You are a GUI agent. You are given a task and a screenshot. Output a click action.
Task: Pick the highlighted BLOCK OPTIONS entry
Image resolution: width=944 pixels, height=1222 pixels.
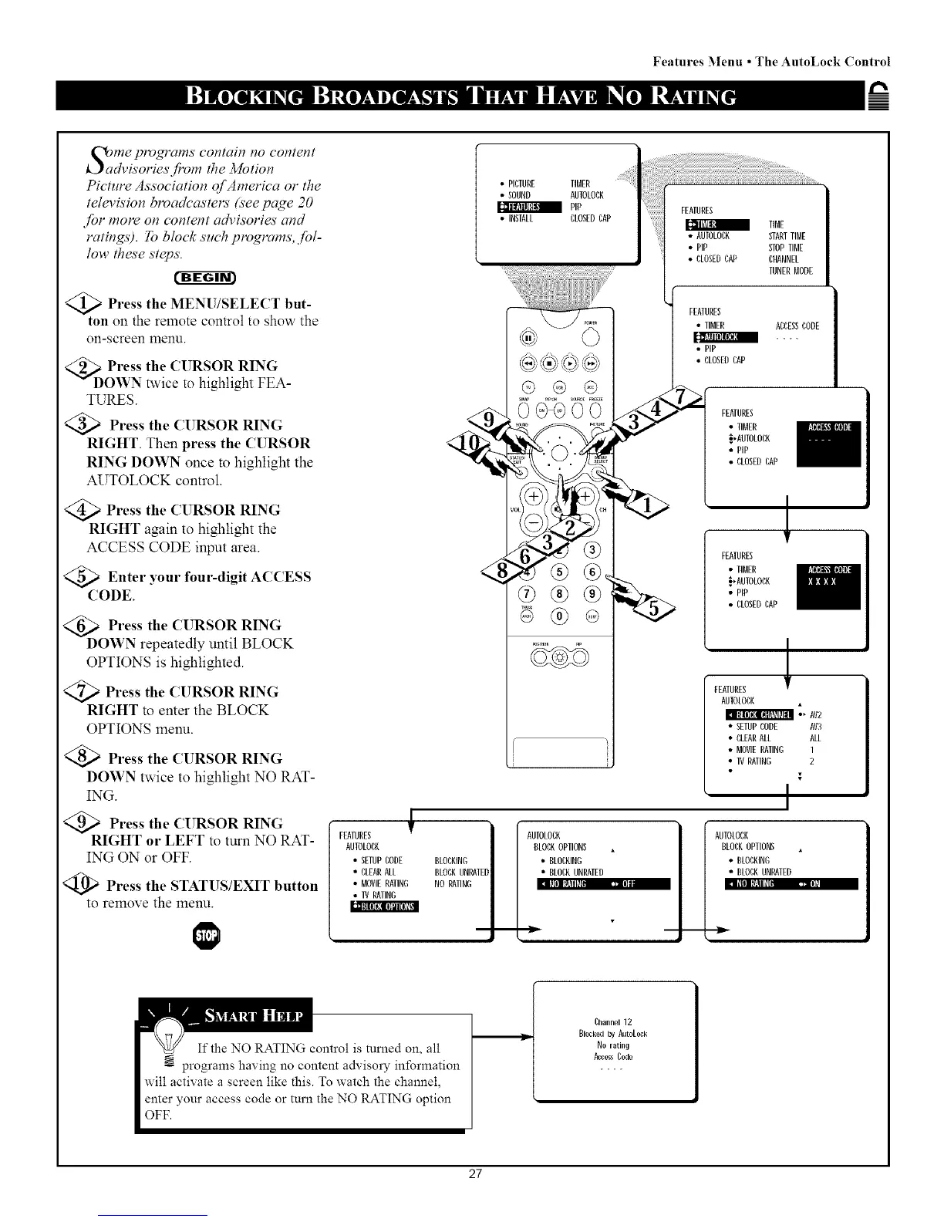pyautogui.click(x=383, y=906)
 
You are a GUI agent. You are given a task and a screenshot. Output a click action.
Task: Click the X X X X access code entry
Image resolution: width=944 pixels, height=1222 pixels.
pyautogui.click(x=821, y=582)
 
